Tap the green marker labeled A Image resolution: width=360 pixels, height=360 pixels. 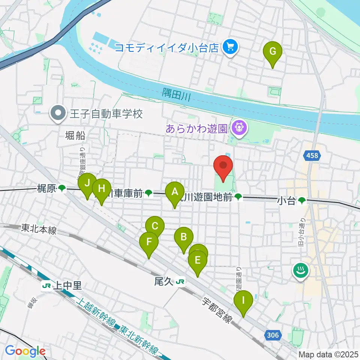(x=175, y=193)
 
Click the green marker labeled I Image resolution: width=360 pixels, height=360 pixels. (x=243, y=301)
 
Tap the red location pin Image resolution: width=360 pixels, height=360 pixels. (x=223, y=167)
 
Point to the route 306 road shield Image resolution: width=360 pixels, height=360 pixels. (x=273, y=335)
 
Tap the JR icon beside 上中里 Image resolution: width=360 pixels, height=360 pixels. (x=47, y=286)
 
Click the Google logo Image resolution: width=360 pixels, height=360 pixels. (x=25, y=351)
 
